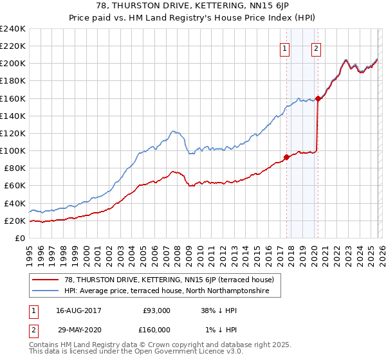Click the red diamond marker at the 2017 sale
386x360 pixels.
point(286,157)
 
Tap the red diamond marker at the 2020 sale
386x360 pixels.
point(318,98)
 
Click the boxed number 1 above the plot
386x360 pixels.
point(284,47)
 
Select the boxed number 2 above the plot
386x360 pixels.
point(317,47)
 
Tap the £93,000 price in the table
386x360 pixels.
point(157,310)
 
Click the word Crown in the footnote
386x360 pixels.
point(167,345)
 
